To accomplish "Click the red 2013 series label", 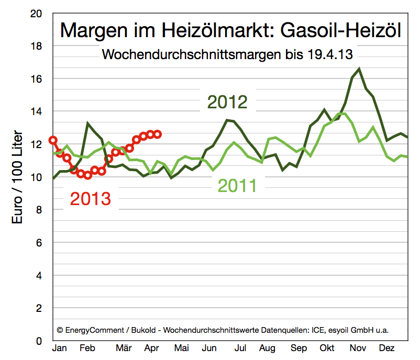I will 91,199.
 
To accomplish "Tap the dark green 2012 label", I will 227,100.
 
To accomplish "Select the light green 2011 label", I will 237,185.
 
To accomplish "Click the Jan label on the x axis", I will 59,348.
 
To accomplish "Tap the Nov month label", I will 358,348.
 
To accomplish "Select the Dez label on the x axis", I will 386,348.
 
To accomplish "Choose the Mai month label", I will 181,348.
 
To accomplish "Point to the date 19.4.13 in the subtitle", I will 330,54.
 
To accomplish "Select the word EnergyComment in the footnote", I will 93,330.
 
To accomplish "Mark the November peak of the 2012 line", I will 359,69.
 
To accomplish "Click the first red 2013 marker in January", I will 53,140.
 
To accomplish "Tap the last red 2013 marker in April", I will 157,134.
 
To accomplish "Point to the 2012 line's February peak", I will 88,123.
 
